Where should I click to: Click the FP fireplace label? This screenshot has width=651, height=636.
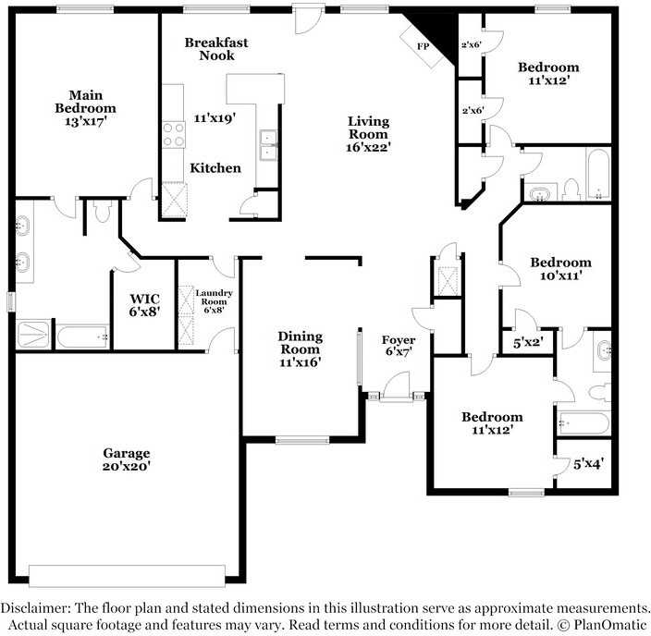pos(424,45)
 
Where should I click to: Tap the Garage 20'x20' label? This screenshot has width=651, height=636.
pos(127,459)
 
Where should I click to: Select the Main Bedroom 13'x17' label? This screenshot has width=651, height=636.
pos(91,108)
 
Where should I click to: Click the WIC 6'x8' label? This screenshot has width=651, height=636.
pos(144,305)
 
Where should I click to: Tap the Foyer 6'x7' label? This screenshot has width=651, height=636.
pos(398,346)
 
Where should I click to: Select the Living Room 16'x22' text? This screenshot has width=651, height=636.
pos(368,133)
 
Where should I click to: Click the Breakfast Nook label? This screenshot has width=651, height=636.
pos(216,49)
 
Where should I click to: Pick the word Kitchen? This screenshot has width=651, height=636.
pos(215,168)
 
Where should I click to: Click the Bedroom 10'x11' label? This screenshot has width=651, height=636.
pos(559,269)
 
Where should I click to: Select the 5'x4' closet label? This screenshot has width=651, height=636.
pos(588,464)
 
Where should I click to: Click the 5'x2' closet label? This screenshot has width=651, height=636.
pos(528,342)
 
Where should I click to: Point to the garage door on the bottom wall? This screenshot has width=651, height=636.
pos(127,570)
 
